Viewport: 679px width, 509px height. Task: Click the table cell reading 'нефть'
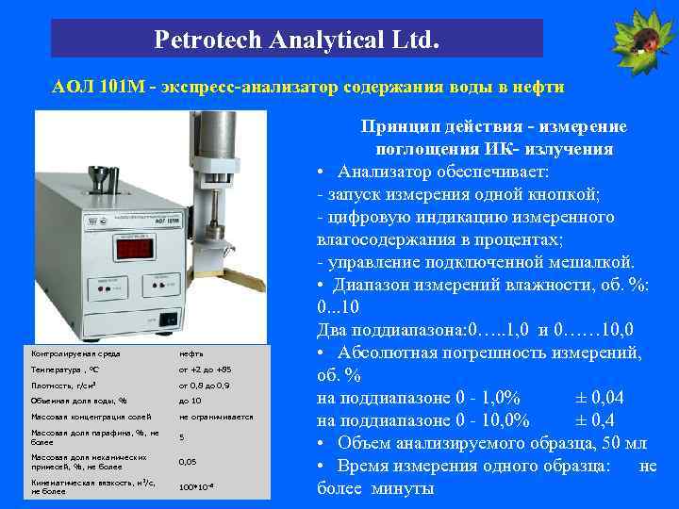pyautogui.click(x=191, y=353)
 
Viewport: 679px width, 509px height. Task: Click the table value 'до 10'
pyautogui.click(x=190, y=401)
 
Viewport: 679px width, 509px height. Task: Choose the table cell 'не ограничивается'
pyautogui.click(x=216, y=417)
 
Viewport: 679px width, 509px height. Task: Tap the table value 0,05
pyautogui.click(x=188, y=462)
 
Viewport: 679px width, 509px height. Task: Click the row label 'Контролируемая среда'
pyautogui.click(x=75, y=353)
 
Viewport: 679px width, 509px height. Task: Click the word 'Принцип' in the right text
pyautogui.click(x=396, y=126)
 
